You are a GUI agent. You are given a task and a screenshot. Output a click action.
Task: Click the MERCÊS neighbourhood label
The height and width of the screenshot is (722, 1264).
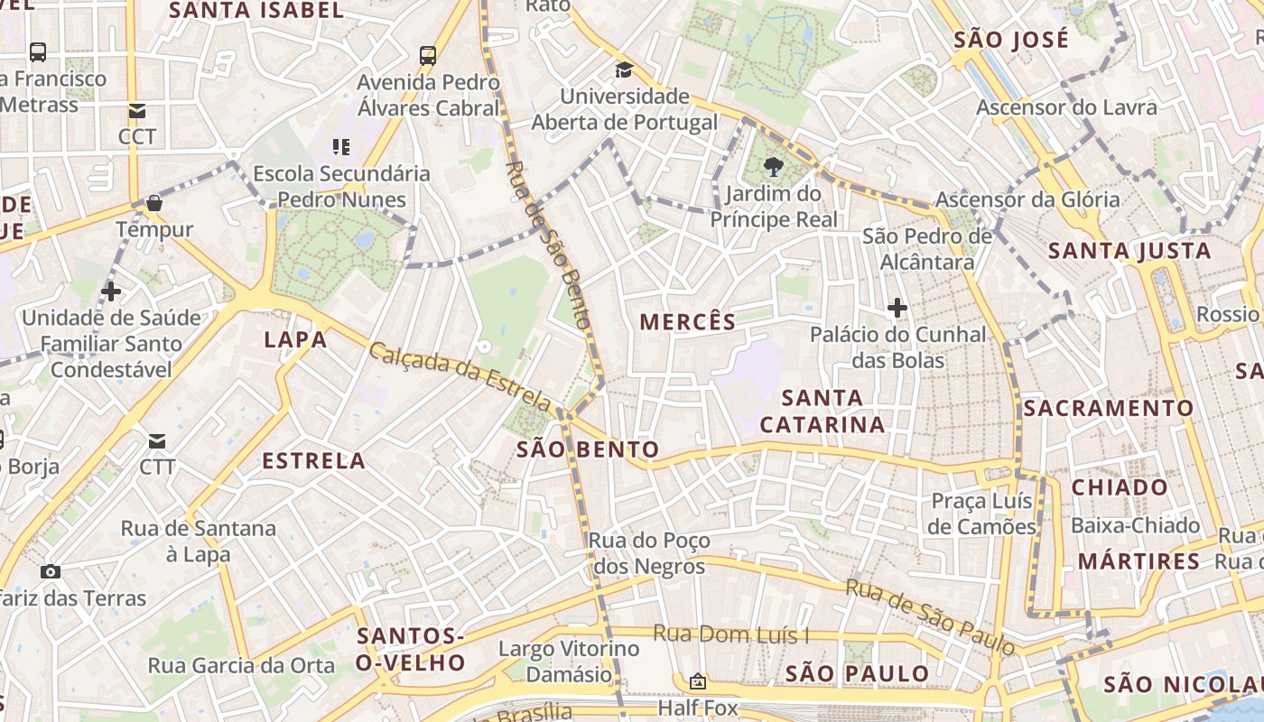coord(688,321)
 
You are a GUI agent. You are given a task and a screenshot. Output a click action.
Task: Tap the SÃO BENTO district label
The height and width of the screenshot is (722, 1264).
coord(588,449)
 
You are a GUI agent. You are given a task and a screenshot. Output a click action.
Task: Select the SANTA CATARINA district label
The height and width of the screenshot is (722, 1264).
coord(822,411)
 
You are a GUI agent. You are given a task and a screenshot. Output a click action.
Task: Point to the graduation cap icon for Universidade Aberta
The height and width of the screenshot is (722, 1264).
coord(624,69)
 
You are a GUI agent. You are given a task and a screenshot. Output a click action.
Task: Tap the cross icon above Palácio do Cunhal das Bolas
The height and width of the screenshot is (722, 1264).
coord(897,309)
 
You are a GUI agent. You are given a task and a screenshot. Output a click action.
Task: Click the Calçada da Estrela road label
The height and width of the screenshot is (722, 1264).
coord(460,375)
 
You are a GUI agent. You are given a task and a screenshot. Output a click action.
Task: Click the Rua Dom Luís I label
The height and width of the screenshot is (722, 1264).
coord(730,634)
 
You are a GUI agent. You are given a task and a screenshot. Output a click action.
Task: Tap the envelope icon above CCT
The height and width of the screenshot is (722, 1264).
coord(137,111)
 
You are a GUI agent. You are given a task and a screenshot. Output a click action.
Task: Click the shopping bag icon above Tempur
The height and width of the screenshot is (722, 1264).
coord(154,203)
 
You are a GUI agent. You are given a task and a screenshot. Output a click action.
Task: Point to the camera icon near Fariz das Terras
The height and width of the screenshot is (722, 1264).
coord(51,571)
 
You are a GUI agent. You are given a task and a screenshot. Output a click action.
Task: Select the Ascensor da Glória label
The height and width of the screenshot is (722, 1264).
coord(1027,199)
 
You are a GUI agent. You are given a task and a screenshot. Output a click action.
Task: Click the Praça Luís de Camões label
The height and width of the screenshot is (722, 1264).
coord(981,514)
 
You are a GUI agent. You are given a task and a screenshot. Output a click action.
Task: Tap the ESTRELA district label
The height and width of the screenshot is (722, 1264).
coord(313,461)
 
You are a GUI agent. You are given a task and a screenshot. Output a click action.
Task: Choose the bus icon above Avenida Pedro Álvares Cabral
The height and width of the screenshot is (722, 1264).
coord(428,55)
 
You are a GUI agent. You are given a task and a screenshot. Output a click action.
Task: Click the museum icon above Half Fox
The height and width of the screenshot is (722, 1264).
coord(697,681)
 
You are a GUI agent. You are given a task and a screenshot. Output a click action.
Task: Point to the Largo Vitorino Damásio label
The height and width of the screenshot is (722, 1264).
coord(569,662)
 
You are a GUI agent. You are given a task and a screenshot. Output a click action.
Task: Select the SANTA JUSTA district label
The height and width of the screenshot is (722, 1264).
coord(1129,251)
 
